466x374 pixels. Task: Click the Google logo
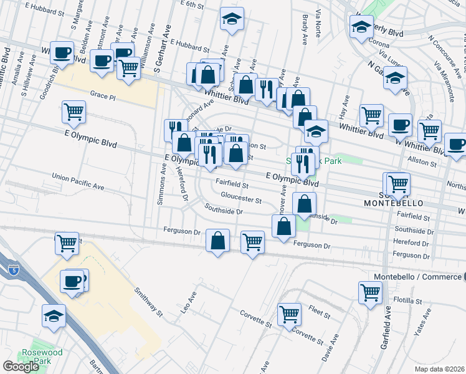[x=21, y=367]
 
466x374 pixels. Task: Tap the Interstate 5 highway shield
[x=13, y=269]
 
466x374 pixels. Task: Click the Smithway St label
[x=149, y=300]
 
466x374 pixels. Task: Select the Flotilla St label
[x=410, y=300]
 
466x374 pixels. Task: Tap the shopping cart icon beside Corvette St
[x=289, y=315]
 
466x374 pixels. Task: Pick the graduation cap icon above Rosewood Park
[x=54, y=316]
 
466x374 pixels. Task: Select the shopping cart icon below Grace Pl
[x=74, y=112]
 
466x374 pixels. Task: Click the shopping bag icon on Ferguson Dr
[x=217, y=241]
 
